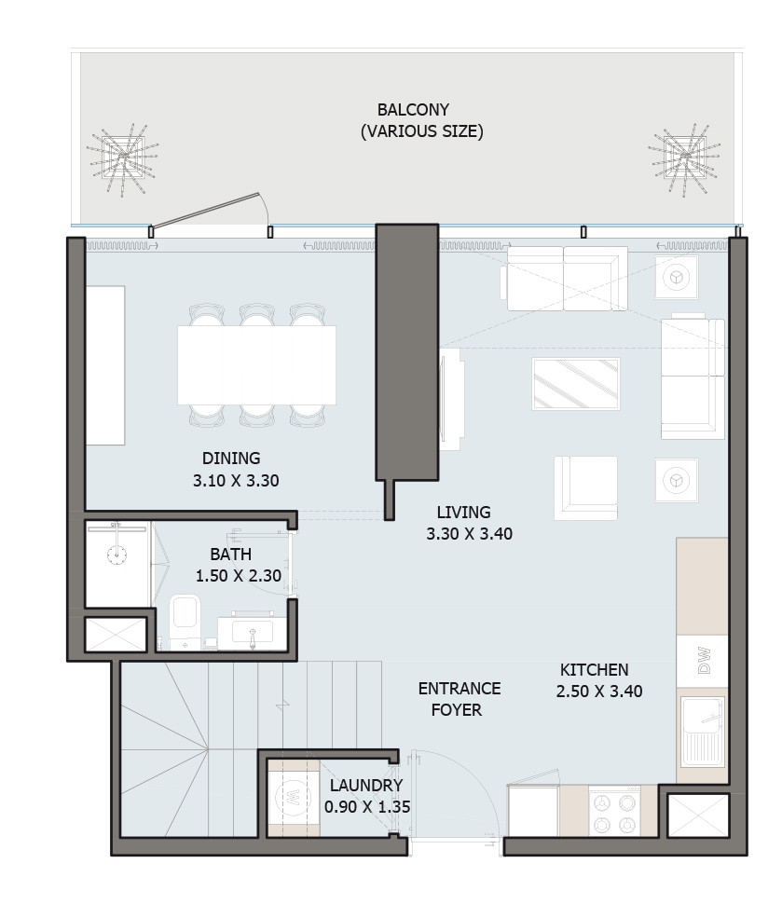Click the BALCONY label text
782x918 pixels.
click(413, 109)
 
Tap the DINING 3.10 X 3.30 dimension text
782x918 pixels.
click(236, 481)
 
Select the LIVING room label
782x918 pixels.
click(463, 513)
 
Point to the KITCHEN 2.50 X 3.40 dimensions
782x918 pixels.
click(599, 692)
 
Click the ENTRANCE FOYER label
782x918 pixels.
click(459, 699)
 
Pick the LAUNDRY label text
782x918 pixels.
click(366, 785)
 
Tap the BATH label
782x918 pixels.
click(230, 554)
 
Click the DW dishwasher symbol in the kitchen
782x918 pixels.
click(703, 662)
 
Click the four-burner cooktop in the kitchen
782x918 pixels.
click(614, 811)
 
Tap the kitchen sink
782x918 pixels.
click(703, 732)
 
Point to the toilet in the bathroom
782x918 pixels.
click(185, 622)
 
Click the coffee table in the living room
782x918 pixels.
click(576, 384)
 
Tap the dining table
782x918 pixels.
click(257, 365)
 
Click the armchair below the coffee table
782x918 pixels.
click(586, 488)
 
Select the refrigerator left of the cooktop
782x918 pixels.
click(532, 810)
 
